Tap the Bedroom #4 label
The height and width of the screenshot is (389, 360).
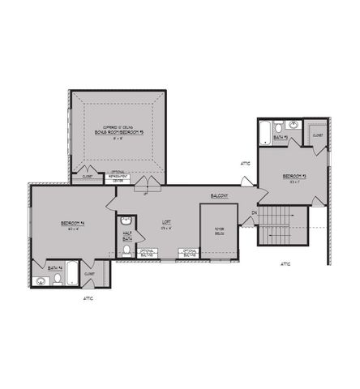coord(73,223)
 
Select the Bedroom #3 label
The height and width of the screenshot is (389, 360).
coord(294,176)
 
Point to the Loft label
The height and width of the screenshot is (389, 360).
coord(166,221)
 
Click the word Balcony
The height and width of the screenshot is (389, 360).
coord(219,196)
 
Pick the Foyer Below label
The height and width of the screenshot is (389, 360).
coord(219,229)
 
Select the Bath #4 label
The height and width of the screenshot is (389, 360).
coord(54,267)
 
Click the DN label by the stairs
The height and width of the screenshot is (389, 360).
coord(254,213)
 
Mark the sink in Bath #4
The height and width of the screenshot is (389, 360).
coord(41,281)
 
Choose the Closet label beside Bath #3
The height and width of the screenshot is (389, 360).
coord(317,135)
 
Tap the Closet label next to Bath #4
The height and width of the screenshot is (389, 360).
coord(89,274)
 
